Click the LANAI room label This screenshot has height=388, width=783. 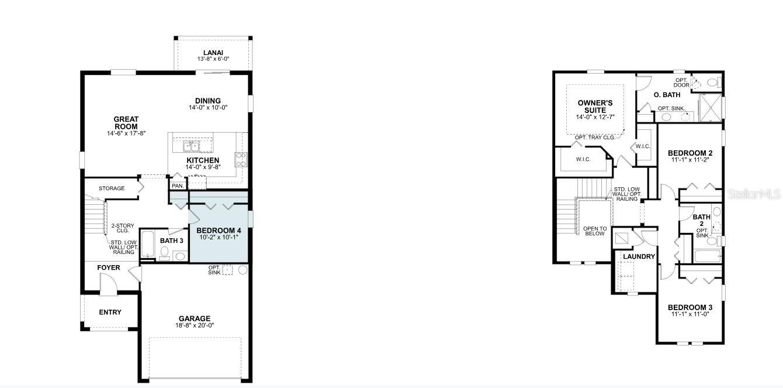click(x=213, y=53)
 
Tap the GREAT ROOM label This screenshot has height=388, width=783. click(x=126, y=123)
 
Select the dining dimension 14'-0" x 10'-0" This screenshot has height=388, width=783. click(x=208, y=108)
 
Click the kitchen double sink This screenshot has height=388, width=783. click(x=191, y=146)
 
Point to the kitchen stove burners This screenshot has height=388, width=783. click(x=241, y=159)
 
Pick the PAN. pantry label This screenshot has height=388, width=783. click(x=178, y=186)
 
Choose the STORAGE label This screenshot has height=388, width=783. click(x=112, y=188)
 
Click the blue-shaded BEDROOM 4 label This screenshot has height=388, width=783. click(x=219, y=231)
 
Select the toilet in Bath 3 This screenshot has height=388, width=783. click(x=164, y=253)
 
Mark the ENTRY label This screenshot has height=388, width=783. click(x=110, y=312)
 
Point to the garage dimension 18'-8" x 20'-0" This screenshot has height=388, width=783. click(x=195, y=325)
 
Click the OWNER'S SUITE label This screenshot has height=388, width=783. click(x=595, y=107)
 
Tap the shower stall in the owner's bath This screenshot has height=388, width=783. click(x=710, y=108)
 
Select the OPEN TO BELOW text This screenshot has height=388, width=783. click(x=595, y=231)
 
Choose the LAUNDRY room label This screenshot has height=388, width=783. click(x=639, y=256)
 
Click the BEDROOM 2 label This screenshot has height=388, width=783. click(x=690, y=153)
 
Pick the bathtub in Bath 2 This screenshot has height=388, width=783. click(x=708, y=256)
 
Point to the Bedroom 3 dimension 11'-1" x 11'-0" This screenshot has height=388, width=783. click(x=690, y=314)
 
